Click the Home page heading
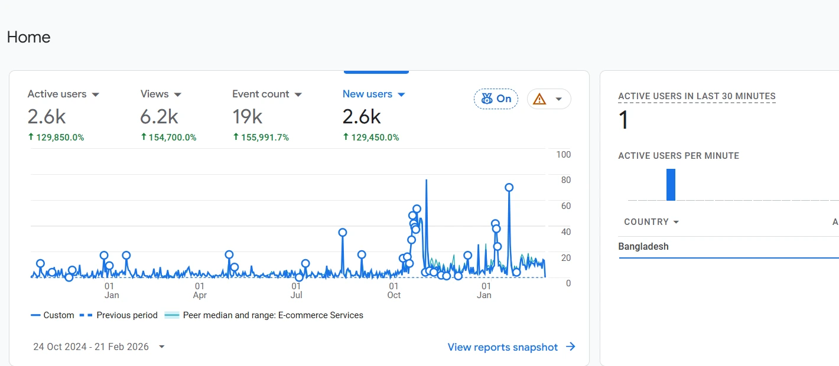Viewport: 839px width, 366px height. pyautogui.click(x=28, y=37)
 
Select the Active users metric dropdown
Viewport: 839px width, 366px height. pyautogui.click(x=63, y=94)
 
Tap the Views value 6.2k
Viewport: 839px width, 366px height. pyautogui.click(x=159, y=117)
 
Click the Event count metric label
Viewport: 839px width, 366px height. pyautogui.click(x=261, y=94)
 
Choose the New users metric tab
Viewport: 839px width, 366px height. pyautogui.click(x=373, y=94)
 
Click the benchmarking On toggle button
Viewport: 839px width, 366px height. pyautogui.click(x=496, y=99)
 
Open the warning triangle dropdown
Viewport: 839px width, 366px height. pyautogui.click(x=549, y=99)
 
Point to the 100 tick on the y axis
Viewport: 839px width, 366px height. pyautogui.click(x=564, y=155)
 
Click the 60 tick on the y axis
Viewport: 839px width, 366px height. pyautogui.click(x=565, y=206)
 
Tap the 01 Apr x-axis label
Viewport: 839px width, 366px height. pyautogui.click(x=200, y=290)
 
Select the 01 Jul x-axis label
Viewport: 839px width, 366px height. pyautogui.click(x=297, y=290)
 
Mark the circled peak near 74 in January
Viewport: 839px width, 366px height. pyautogui.click(x=509, y=188)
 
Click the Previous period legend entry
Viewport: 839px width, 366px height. pyautogui.click(x=126, y=315)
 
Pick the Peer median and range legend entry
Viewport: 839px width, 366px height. pyautogui.click(x=272, y=315)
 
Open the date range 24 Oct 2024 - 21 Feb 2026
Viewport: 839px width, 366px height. pyautogui.click(x=99, y=347)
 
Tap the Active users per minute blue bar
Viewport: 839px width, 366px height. pyautogui.click(x=671, y=185)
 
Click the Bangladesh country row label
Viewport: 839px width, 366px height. pyautogui.click(x=643, y=247)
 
